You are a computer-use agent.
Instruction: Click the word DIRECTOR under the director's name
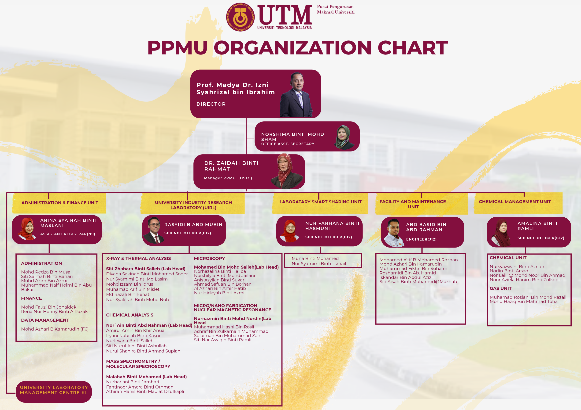click(x=211, y=104)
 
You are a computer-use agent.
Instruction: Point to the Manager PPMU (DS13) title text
click(x=228, y=178)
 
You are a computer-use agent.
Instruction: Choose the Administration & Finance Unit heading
click(x=60, y=203)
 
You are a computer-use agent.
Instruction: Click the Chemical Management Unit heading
click(x=515, y=201)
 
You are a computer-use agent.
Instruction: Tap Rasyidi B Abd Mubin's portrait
click(x=154, y=230)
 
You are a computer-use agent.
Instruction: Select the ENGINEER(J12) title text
click(x=421, y=239)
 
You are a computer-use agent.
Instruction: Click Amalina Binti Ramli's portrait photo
click(x=501, y=232)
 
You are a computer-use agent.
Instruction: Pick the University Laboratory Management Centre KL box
click(x=54, y=390)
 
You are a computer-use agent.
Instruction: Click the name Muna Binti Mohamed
click(x=315, y=259)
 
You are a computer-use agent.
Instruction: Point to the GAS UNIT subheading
click(x=500, y=288)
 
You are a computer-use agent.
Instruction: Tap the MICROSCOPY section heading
click(x=209, y=259)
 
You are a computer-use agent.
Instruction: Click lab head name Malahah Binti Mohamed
click(x=146, y=377)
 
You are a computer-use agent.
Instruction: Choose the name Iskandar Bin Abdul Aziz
click(x=405, y=277)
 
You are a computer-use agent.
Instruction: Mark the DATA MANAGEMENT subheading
click(x=45, y=320)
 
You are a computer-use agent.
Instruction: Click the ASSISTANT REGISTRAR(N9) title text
click(x=68, y=234)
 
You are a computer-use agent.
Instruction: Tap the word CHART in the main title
click(x=412, y=48)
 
